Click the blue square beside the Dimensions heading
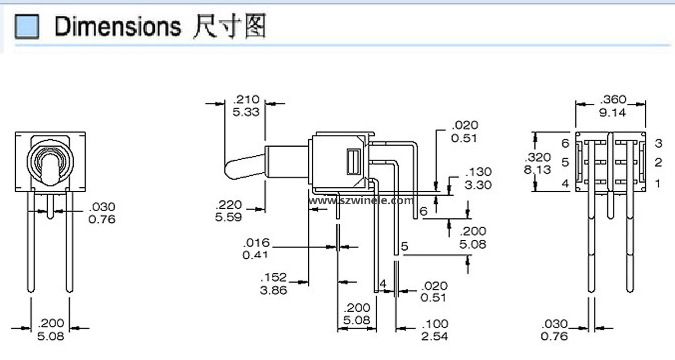click(x=27, y=26)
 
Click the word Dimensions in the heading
click(x=117, y=27)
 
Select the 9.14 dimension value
click(x=612, y=112)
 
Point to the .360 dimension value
click(x=613, y=99)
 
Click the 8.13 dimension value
click(x=538, y=170)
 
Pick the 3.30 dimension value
click(x=478, y=184)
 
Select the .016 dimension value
click(x=256, y=243)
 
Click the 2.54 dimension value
click(x=435, y=336)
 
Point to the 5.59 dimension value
click(x=229, y=217)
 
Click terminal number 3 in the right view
click(x=658, y=144)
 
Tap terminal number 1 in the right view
click(x=658, y=183)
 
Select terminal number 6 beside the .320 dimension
click(x=566, y=144)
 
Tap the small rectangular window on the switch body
click(x=354, y=162)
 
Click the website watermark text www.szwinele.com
click(x=360, y=201)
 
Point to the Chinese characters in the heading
click(x=229, y=26)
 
